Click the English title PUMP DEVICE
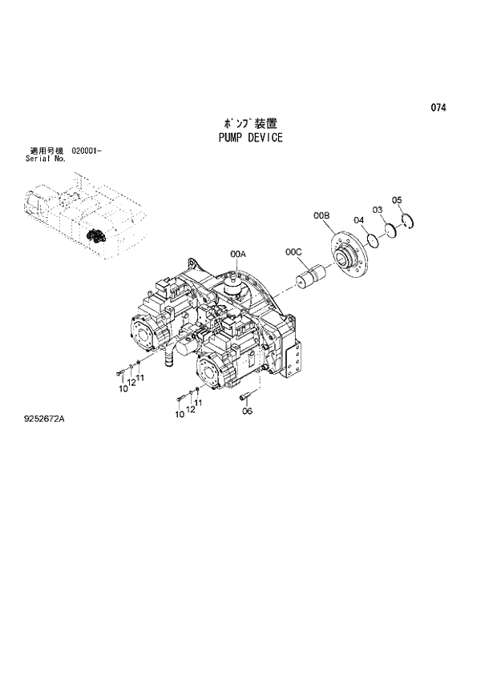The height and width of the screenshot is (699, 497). click(250, 138)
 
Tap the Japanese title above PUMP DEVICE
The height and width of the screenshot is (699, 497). click(250, 124)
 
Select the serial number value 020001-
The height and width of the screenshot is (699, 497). click(86, 151)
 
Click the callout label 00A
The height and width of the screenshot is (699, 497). click(237, 254)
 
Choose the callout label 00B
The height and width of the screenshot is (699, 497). click(321, 216)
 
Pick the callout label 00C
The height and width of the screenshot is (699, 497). click(293, 253)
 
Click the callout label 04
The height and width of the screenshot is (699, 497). click(358, 221)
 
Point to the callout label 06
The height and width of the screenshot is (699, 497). click(247, 411)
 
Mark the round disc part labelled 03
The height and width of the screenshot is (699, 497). click(390, 231)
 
